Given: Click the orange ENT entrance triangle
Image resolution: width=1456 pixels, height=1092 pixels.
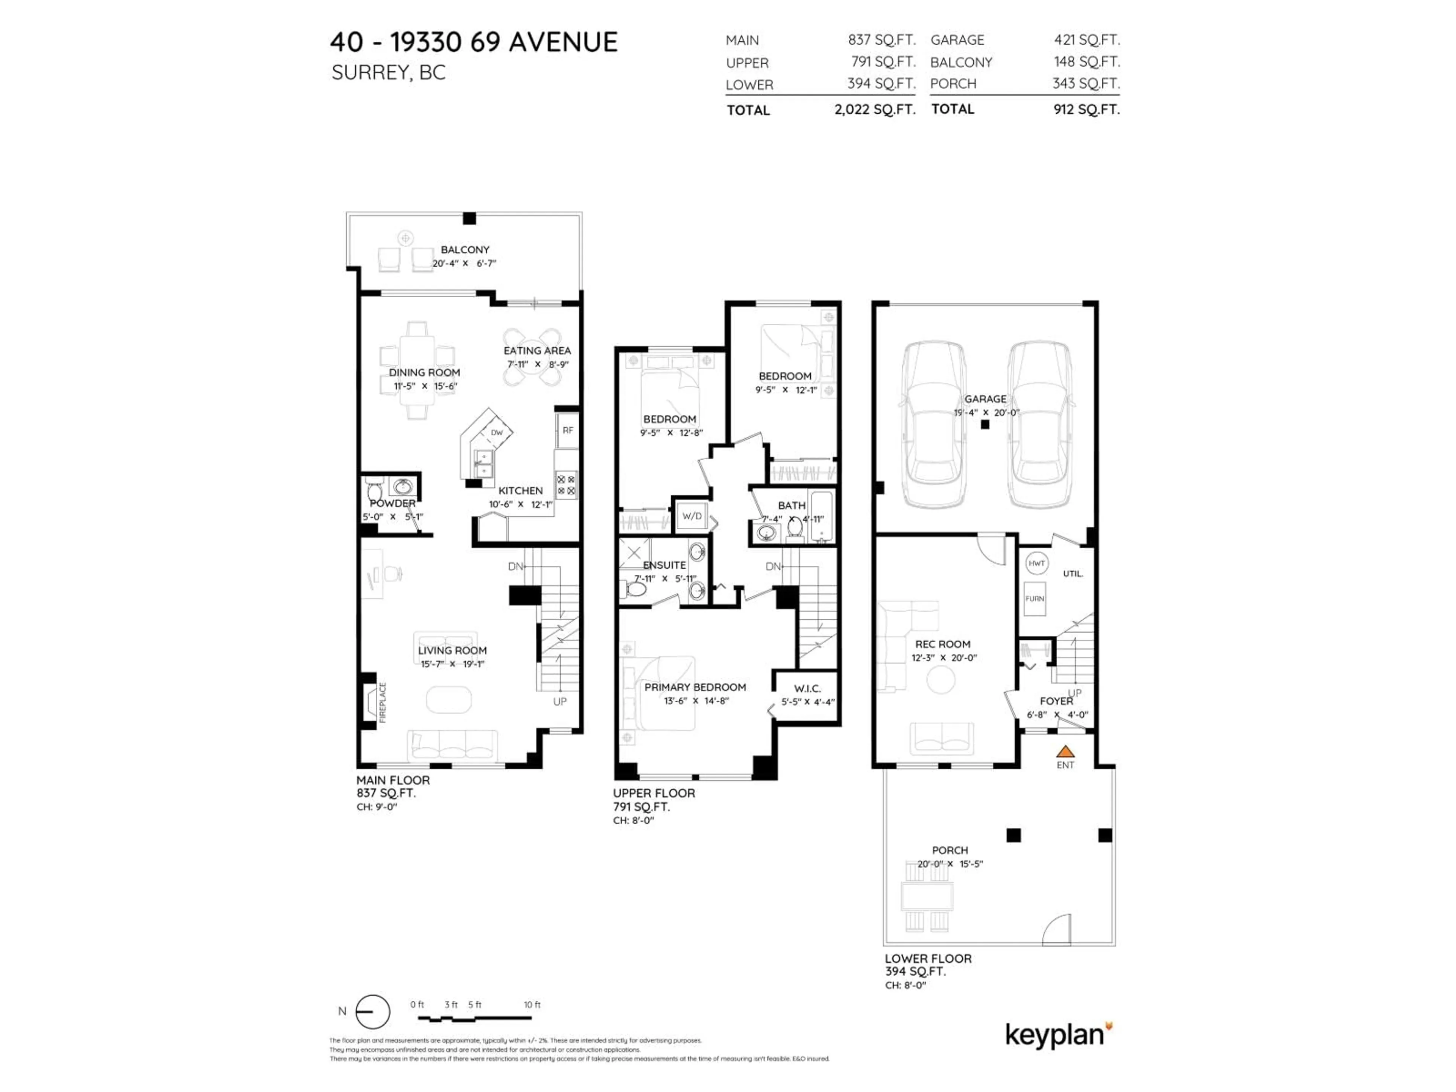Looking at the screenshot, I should (1065, 751).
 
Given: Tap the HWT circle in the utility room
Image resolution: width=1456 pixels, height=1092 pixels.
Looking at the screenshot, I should (1037, 563).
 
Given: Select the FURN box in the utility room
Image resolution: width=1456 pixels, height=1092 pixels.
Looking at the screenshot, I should (1035, 598).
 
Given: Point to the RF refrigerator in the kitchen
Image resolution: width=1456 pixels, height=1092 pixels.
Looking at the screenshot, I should (567, 430).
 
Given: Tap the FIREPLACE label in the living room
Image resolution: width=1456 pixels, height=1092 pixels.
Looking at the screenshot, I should (383, 702).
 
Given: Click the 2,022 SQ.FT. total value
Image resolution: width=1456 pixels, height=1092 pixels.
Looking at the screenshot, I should (875, 109).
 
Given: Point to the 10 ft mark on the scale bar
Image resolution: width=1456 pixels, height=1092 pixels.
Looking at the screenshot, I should (532, 1004).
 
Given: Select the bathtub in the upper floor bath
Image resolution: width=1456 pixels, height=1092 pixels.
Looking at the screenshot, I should (822, 517).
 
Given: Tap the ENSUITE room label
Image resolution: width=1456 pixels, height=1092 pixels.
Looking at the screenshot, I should (664, 565).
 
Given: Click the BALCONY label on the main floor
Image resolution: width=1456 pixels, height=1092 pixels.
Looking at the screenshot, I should (465, 249).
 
